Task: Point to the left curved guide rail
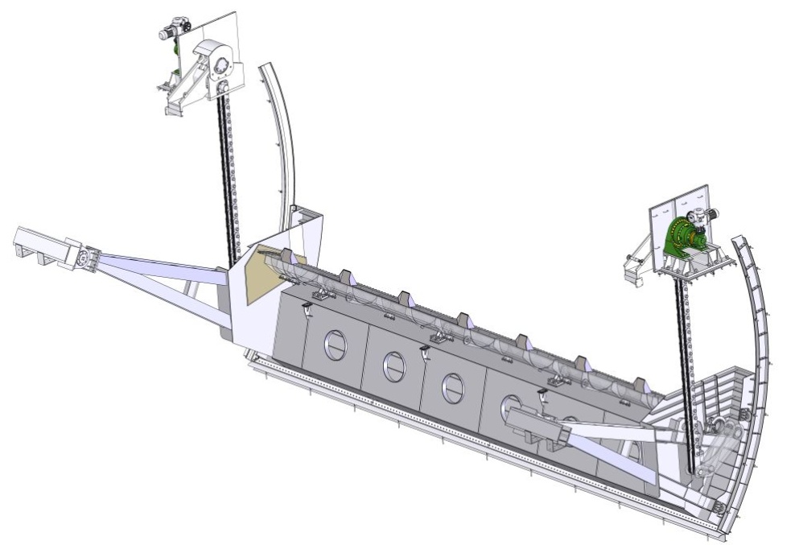[282, 137]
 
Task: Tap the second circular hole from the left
[393, 366]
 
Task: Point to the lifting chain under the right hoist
[686, 354]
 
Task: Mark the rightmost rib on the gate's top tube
[640, 386]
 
